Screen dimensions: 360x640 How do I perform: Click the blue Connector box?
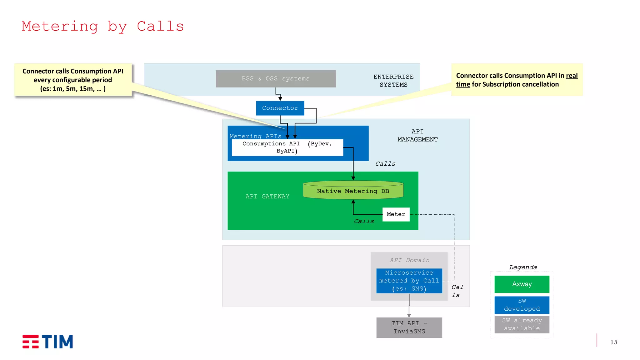coord(280,108)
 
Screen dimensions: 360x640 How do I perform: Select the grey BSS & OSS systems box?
coord(276,79)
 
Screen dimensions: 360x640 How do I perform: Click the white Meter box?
coord(396,214)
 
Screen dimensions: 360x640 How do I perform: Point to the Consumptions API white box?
coord(287,147)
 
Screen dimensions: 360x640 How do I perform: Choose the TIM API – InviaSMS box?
coord(409,327)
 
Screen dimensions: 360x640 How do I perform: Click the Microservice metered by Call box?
coord(409,281)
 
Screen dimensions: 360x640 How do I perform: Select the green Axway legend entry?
coord(522,284)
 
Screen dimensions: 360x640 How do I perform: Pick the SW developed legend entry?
coord(522,305)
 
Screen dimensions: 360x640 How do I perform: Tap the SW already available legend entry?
coord(522,324)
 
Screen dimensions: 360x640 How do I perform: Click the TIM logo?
coord(48,342)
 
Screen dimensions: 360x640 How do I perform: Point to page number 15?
coord(614,342)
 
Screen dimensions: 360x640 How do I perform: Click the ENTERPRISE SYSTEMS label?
coord(393,81)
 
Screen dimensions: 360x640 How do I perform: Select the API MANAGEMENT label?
coord(417,136)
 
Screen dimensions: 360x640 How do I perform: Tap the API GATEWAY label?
coord(267,197)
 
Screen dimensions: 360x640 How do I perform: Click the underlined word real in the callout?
coord(572,76)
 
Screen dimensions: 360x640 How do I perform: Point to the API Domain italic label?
coord(409,260)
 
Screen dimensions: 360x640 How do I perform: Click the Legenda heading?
coord(523,267)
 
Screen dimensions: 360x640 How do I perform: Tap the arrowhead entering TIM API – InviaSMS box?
coord(409,316)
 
